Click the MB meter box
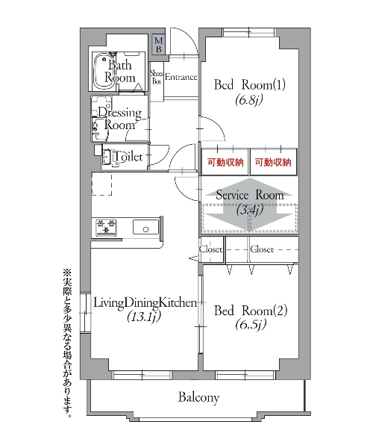pyautogui.click(x=158, y=45)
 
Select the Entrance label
pyautogui.click(x=181, y=77)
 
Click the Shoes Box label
pyautogui.click(x=157, y=77)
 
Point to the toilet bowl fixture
pyautogui.click(x=110, y=158)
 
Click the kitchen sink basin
pyautogui.click(x=145, y=227)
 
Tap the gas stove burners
pyautogui.click(x=106, y=226)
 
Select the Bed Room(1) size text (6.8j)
pyautogui.click(x=249, y=100)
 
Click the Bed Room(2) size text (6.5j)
pyautogui.click(x=251, y=325)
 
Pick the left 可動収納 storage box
pyautogui.click(x=225, y=162)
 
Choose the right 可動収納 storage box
pyautogui.click(x=273, y=162)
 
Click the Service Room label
pyautogui.click(x=250, y=195)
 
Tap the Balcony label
pyautogui.click(x=198, y=397)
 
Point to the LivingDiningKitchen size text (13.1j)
pyautogui.click(x=144, y=317)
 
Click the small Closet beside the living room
pyautogui.click(x=211, y=249)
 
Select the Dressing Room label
pyautogui.click(x=119, y=118)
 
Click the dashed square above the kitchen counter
pyautogui.click(x=101, y=184)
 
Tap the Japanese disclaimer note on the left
pyautogui.click(x=68, y=343)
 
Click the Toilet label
pyautogui.click(x=128, y=157)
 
